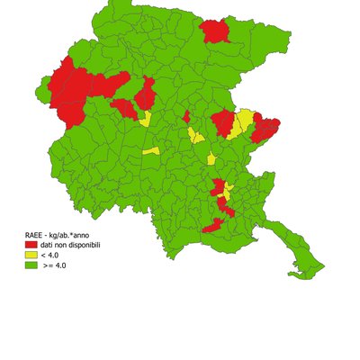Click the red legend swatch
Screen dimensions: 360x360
click(x=31, y=245)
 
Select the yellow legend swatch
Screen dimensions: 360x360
click(x=31, y=256)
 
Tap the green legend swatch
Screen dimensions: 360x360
click(x=31, y=265)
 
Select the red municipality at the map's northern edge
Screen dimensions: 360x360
click(x=214, y=31)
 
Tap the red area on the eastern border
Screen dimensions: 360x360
click(x=265, y=128)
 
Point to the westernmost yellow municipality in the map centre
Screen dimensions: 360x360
click(x=151, y=151)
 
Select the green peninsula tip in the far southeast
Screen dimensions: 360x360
click(x=317, y=267)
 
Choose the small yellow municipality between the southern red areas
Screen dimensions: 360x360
click(x=228, y=191)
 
